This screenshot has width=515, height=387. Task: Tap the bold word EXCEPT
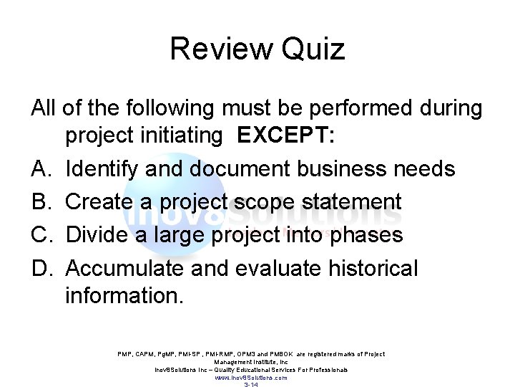(x=284, y=135)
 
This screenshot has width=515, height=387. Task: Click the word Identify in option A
(x=102, y=168)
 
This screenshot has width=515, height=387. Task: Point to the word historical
(x=373, y=268)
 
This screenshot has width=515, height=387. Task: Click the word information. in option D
(x=124, y=295)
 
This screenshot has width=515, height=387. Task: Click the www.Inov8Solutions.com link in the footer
(x=251, y=378)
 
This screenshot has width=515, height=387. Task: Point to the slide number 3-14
(x=251, y=385)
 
